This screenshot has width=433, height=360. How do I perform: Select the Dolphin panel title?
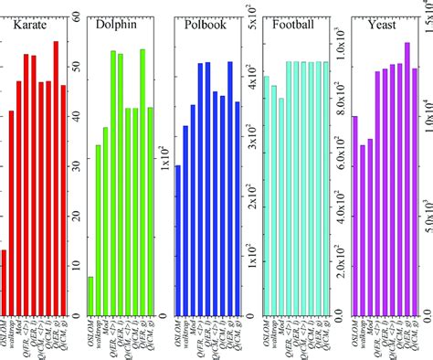(117, 26)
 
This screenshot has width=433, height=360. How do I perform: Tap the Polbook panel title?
(206, 26)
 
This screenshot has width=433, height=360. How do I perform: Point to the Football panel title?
(294, 26)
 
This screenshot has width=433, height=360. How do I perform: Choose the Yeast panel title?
(381, 26)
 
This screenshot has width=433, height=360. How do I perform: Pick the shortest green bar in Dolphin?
(90, 296)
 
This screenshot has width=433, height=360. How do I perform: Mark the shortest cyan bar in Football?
(281, 206)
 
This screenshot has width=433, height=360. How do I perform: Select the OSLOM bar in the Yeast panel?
(355, 216)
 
